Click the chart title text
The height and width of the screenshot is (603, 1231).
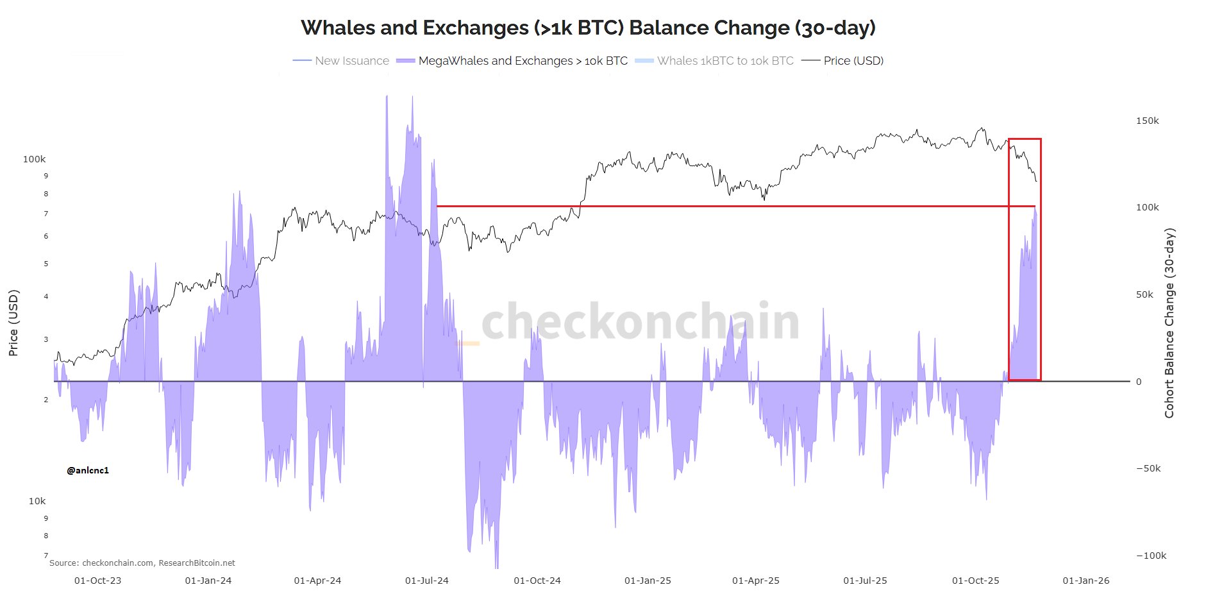[588, 28]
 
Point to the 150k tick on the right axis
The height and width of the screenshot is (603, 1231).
[1147, 121]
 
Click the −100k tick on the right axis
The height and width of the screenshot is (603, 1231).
[1151, 556]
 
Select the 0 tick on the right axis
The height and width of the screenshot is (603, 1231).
[1139, 382]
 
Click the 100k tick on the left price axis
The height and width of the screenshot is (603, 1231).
[35, 159]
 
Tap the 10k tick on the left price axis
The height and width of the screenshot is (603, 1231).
[37, 501]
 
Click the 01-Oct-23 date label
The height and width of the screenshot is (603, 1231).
[97, 581]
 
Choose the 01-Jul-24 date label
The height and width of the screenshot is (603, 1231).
[427, 581]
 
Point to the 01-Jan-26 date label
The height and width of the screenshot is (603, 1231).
[1086, 581]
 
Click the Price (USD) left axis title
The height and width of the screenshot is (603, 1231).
[13, 323]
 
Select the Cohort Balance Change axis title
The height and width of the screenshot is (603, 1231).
[1169, 323]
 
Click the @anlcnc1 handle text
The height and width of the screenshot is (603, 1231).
[88, 470]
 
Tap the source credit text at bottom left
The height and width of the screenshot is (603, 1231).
[142, 563]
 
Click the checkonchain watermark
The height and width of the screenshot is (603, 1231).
[640, 321]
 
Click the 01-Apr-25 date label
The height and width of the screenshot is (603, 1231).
[756, 581]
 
